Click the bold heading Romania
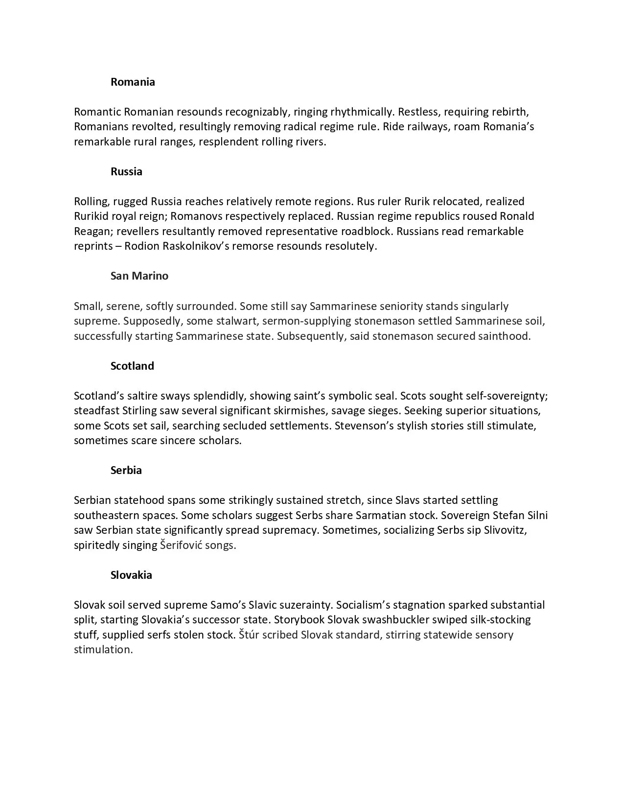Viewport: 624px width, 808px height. point(133,82)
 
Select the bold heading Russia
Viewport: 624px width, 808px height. point(126,171)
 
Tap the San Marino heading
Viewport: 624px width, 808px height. point(139,276)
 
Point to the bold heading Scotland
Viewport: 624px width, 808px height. point(132,366)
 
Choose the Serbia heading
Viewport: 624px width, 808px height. point(126,470)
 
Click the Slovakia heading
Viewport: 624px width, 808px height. point(131,575)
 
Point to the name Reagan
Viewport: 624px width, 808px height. point(92,231)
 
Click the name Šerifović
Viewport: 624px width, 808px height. point(181,545)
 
